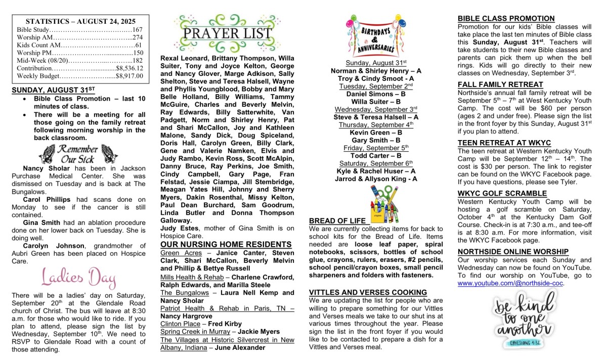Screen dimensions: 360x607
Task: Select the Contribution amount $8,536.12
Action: pyautogui.click(x=129, y=68)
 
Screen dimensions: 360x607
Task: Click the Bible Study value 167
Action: pyautogui.click(x=138, y=30)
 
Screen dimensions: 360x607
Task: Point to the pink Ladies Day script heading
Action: pyautogui.click(x=78, y=278)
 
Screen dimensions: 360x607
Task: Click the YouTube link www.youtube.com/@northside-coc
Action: pyautogui.click(x=510, y=283)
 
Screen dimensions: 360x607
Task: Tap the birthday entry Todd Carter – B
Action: pyautogui.click(x=376, y=156)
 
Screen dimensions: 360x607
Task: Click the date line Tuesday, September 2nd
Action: pyautogui.click(x=376, y=86)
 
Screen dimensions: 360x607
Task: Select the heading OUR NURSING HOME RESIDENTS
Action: pyautogui.click(x=226, y=244)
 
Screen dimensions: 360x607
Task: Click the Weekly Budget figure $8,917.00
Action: pyautogui.click(x=129, y=76)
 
